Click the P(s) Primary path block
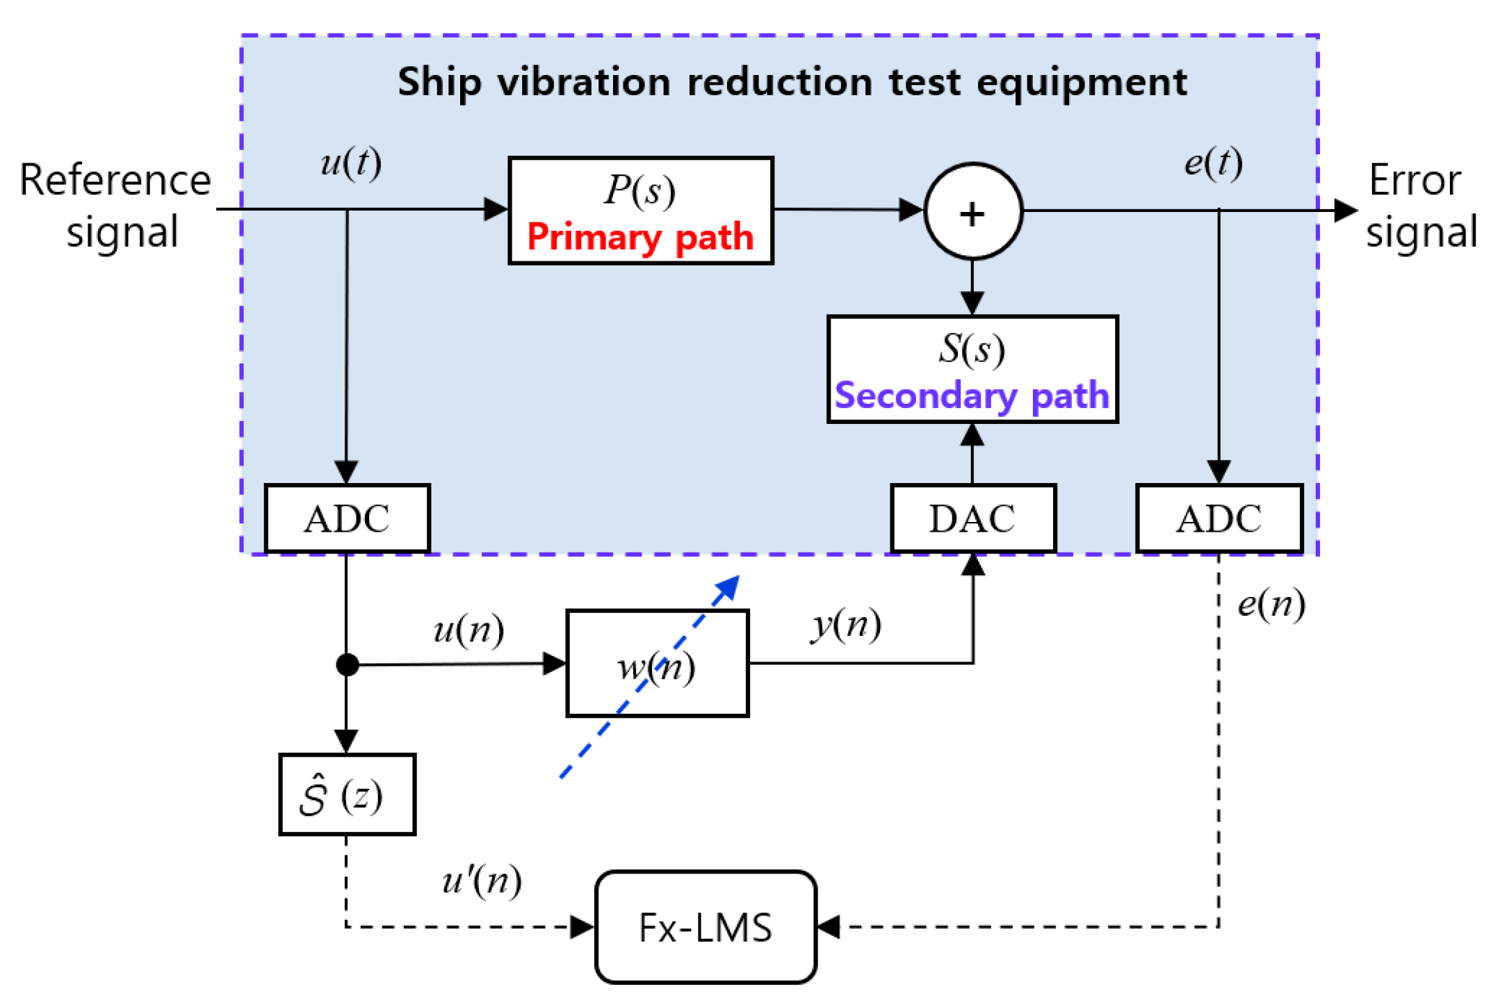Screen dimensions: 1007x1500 pos(640,211)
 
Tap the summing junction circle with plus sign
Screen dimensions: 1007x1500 pos(972,212)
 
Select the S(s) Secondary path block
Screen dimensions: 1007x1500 pos(972,369)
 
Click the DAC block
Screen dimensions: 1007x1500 pos(972,518)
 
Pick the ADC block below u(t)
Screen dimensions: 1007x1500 pos(347,518)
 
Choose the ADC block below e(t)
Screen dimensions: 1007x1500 pos(1218,518)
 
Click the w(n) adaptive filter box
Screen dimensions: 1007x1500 pos(657,663)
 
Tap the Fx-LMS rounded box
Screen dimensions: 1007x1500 pos(706,926)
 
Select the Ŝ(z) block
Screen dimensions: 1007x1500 pos(347,794)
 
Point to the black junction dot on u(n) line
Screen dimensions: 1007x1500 pos(347,664)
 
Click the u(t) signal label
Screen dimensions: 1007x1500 pos(351,163)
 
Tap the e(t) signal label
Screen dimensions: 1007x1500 pos(1213,163)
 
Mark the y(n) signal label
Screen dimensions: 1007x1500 pos(846,624)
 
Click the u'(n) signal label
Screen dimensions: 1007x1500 pos(482,881)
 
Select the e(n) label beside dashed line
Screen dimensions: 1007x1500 pos(1271,604)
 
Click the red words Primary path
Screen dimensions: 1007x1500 pos(640,237)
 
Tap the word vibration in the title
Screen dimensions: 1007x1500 pos(583,82)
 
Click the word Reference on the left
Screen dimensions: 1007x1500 pos(115,181)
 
